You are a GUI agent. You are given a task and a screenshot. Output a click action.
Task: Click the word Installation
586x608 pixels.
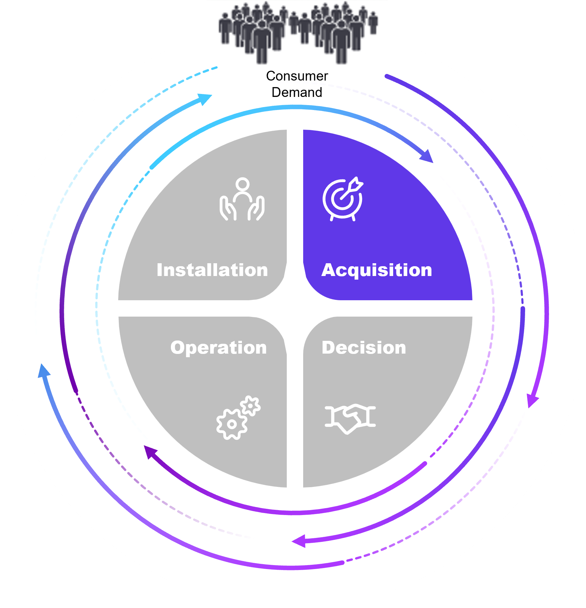click(x=212, y=270)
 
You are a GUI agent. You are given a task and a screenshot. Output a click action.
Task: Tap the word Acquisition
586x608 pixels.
click(x=376, y=270)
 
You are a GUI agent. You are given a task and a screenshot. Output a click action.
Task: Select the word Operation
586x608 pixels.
click(x=218, y=347)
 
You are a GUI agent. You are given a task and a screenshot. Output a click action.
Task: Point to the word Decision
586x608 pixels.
click(x=364, y=347)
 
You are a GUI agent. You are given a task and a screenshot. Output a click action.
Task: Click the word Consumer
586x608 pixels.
click(x=297, y=76)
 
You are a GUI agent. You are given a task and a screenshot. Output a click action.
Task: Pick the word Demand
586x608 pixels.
click(x=297, y=92)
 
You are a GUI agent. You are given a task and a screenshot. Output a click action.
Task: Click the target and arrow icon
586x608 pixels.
click(x=343, y=199)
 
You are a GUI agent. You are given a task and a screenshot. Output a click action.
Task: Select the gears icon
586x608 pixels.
click(x=238, y=417)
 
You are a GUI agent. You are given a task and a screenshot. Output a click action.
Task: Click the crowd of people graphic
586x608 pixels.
click(x=298, y=33)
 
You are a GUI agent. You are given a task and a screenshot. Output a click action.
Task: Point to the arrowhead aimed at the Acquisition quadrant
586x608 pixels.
click(x=427, y=157)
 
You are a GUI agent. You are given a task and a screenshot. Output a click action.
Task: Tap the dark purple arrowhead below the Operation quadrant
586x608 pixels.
click(x=150, y=451)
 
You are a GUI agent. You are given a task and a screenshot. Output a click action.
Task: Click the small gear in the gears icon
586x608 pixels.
click(x=250, y=406)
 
